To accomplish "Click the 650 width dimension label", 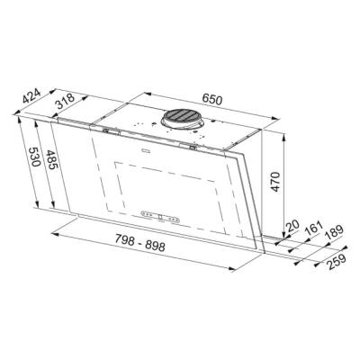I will pos(212,100).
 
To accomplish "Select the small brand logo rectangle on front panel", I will pos(145,154).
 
